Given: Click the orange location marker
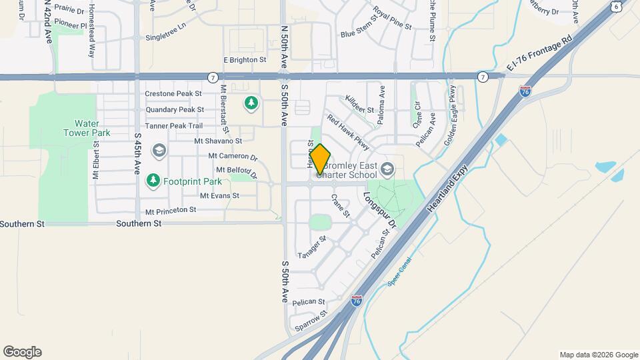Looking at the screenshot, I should tap(321, 159).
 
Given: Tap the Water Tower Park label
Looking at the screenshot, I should tap(87, 128).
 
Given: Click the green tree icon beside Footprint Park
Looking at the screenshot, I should tap(153, 181).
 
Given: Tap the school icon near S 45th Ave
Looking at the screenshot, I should tap(159, 150).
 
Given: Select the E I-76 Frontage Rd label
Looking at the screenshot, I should tap(539, 54).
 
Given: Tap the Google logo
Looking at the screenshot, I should tap(22, 351).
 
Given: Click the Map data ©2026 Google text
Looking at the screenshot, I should tap(598, 355).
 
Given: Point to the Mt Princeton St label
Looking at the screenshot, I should tap(171, 211).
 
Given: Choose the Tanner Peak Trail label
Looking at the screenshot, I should tap(173, 125).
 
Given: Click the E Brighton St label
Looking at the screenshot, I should tap(245, 59).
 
